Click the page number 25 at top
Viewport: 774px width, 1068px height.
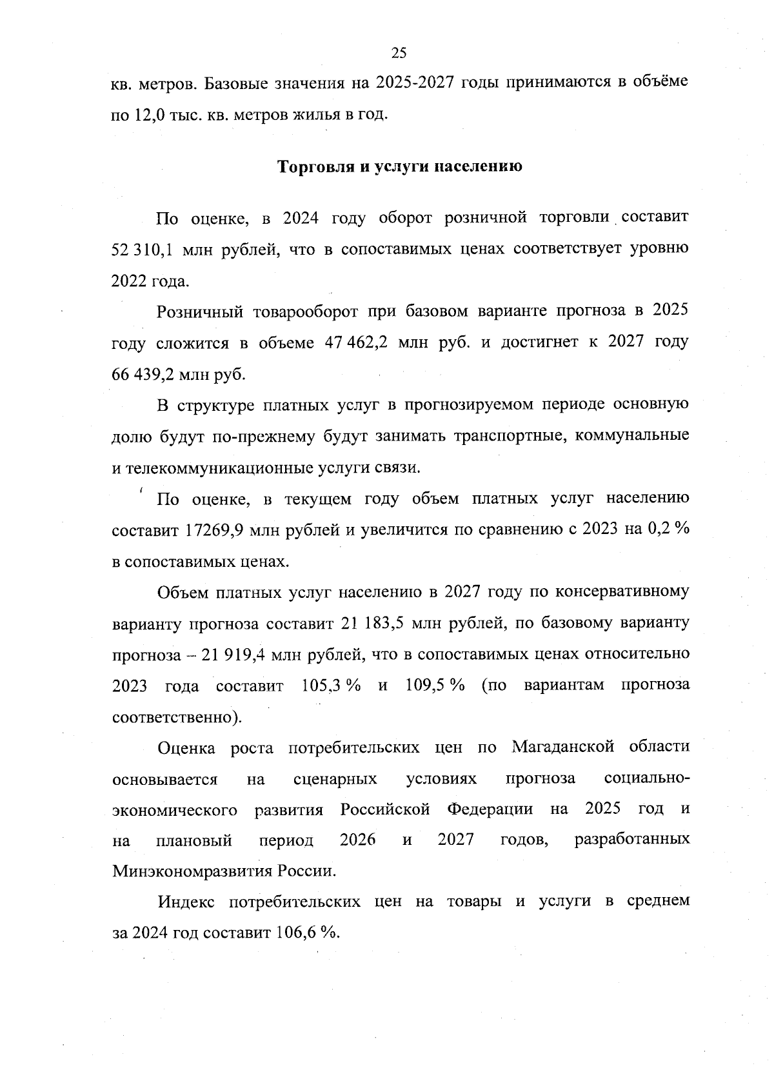click(399, 53)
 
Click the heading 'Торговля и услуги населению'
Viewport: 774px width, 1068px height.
click(399, 166)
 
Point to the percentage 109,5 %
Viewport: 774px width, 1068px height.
click(435, 685)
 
